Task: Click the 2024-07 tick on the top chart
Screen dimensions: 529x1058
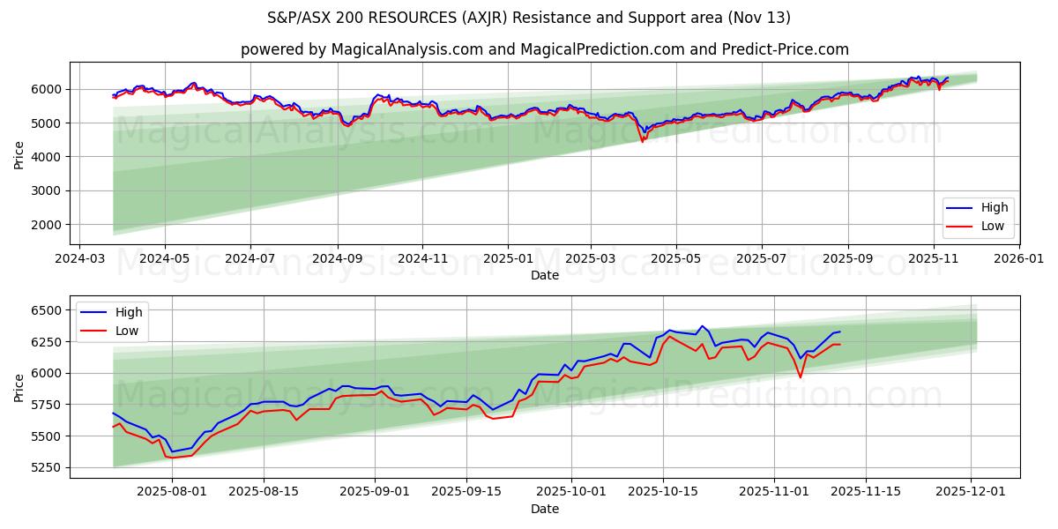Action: [250, 260]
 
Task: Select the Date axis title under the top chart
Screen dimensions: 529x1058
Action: [544, 275]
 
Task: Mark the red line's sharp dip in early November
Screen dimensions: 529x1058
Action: [800, 377]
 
